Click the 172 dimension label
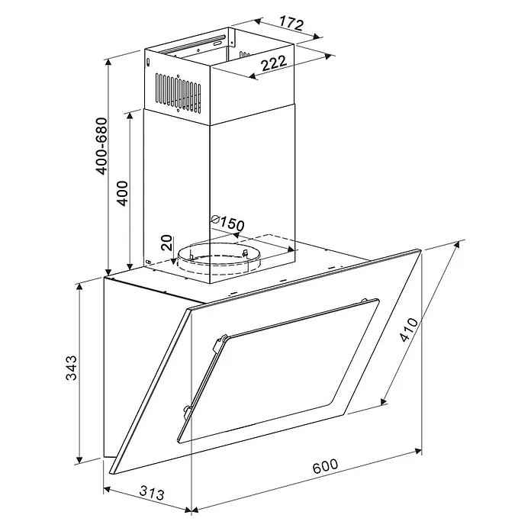click(x=291, y=24)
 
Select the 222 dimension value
click(x=274, y=63)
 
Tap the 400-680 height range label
click(x=101, y=146)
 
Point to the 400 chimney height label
click(x=122, y=193)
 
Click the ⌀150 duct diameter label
click(x=227, y=223)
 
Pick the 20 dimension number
click(x=166, y=243)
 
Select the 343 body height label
click(x=71, y=368)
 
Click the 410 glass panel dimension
click(x=409, y=330)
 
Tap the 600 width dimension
click(x=325, y=466)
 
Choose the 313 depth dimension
click(x=152, y=493)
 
